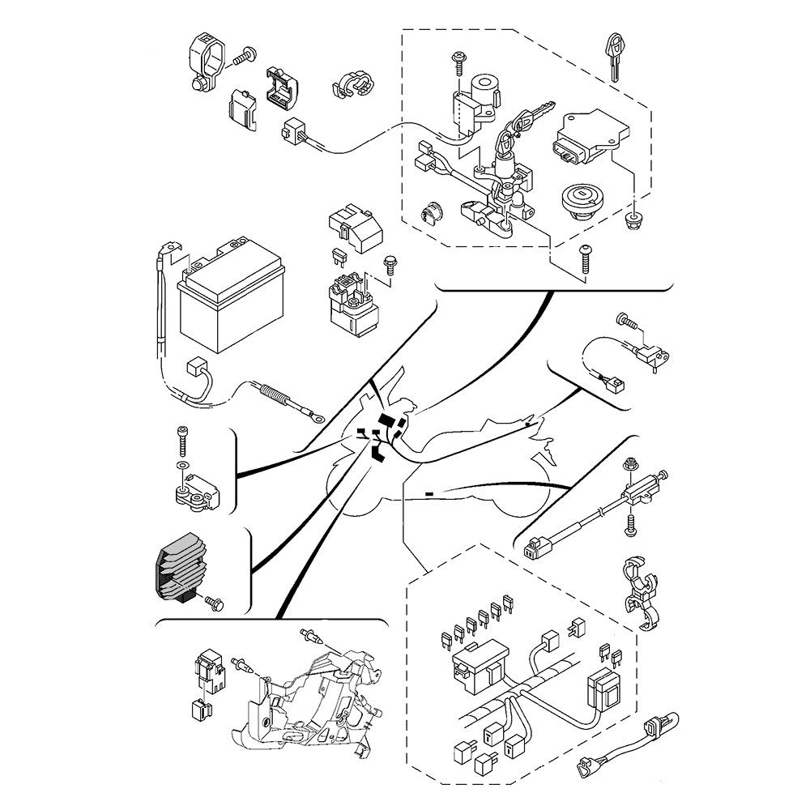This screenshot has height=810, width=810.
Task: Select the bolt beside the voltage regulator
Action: pyautogui.click(x=214, y=602)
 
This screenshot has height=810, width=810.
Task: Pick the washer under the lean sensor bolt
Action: pyautogui.click(x=181, y=467)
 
